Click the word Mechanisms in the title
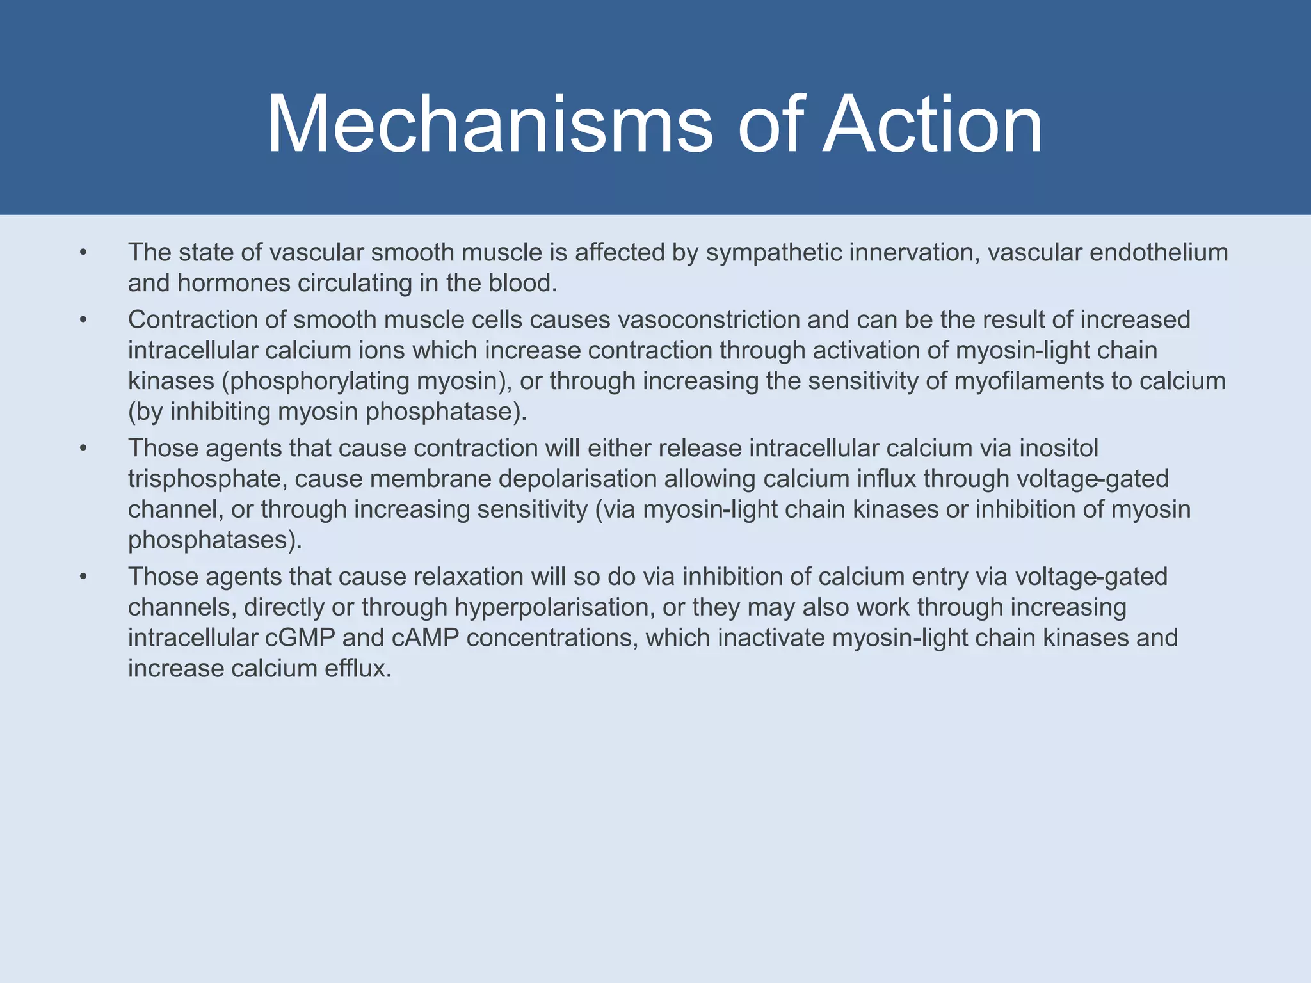coord(489,124)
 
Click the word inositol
coord(1058,448)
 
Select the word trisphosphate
coord(207,479)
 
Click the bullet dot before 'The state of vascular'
coord(83,253)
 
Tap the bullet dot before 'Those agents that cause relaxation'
coord(83,577)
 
